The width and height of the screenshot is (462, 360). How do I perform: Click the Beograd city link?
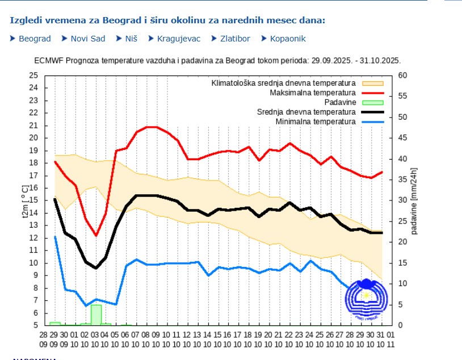pos(35,39)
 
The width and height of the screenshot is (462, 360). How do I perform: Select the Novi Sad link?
pos(87,39)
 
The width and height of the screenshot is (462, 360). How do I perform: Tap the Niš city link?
pos(132,39)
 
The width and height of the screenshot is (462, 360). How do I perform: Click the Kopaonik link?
pos(287,39)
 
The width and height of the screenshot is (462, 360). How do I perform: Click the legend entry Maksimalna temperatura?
pos(312,93)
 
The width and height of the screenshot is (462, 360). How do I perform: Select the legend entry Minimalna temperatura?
pos(315,122)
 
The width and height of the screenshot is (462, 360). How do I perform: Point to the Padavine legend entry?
pos(340,102)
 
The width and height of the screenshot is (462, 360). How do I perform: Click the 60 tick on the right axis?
pos(402,76)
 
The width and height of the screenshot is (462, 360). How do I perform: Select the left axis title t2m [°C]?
pos(25,200)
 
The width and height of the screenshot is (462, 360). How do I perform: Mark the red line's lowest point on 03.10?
pos(96,235)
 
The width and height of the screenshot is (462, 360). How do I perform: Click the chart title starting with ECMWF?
pos(217,60)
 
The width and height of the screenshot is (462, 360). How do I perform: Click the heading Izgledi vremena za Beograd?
pos(167,20)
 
